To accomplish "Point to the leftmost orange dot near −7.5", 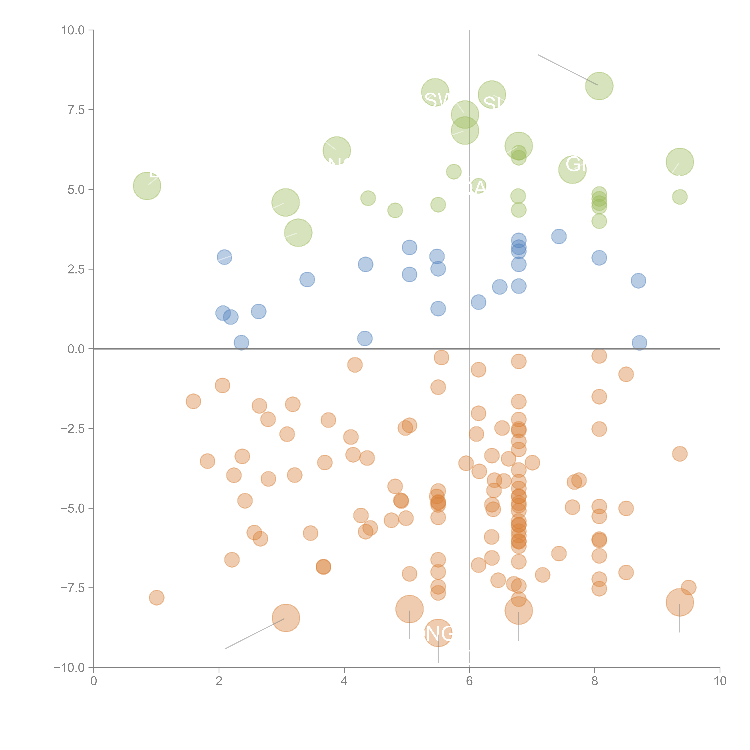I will click(x=156, y=597).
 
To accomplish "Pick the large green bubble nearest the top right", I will click(x=599, y=86).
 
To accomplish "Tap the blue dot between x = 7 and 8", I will click(x=559, y=236).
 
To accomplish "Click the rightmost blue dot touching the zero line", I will click(x=639, y=343).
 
